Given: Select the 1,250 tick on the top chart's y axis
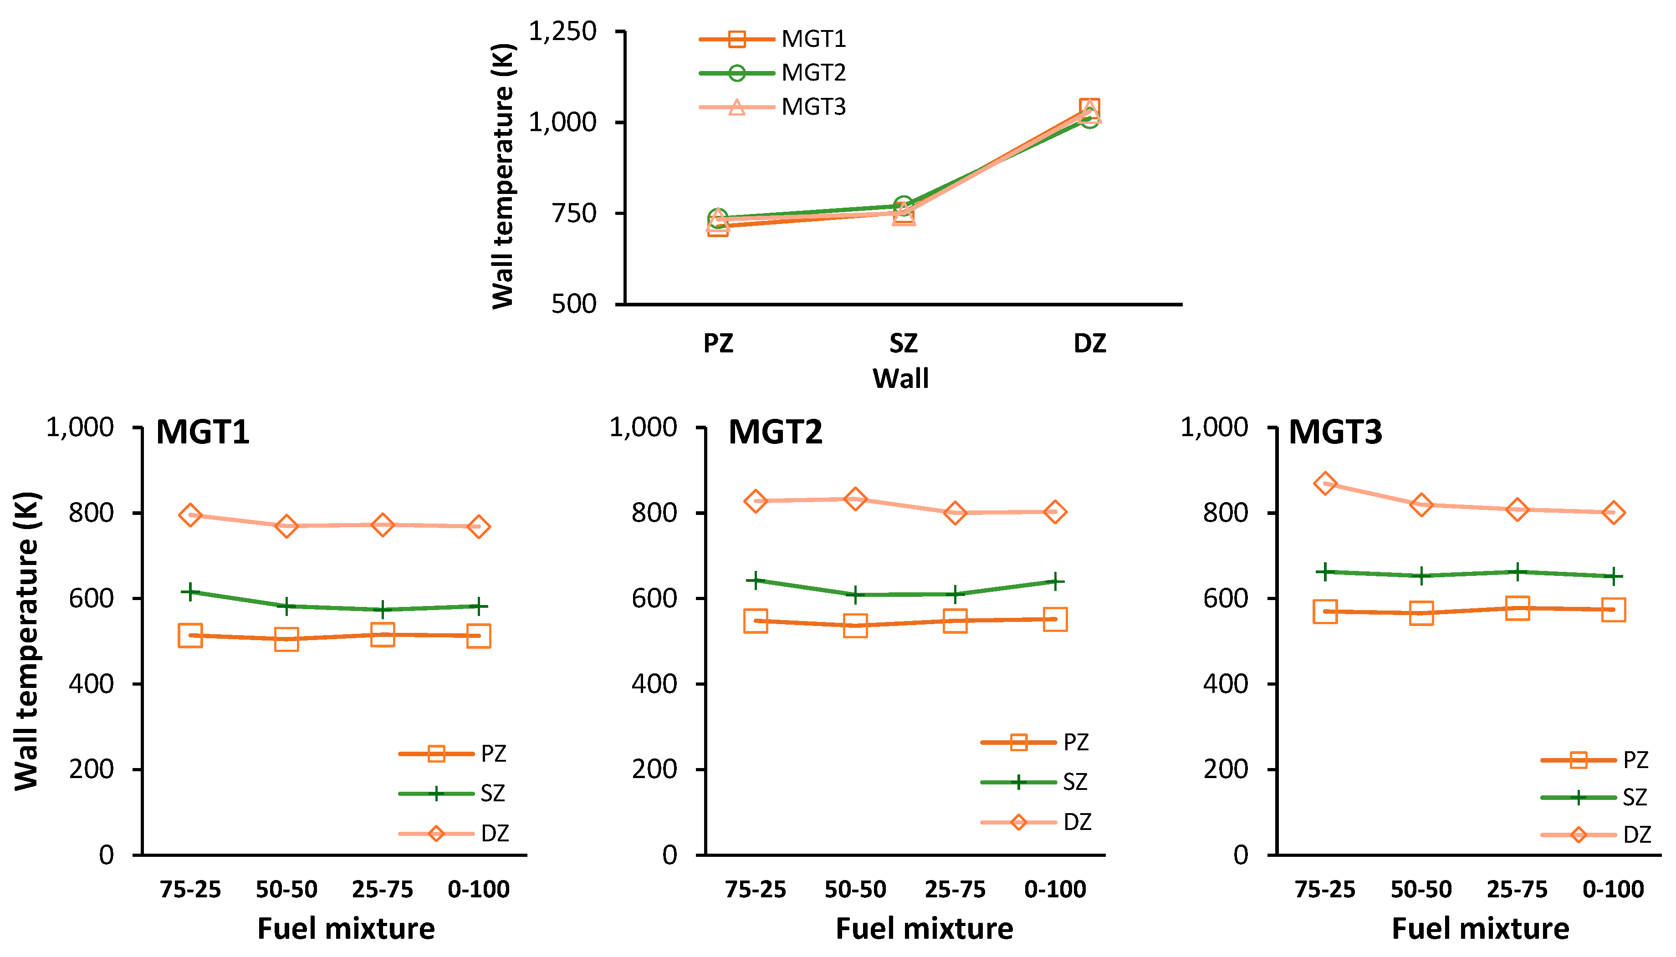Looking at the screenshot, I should click(563, 31).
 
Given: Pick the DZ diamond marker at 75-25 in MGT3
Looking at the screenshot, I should click(1324, 484).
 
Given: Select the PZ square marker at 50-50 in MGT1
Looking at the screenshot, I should click(286, 639).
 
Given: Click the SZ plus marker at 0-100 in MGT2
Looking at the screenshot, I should click(1055, 581).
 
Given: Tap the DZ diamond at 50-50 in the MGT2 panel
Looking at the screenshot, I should click(855, 499).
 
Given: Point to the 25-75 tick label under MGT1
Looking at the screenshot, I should click(382, 889).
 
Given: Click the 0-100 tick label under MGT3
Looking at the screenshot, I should click(1612, 889).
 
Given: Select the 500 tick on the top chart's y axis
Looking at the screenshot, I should click(573, 304).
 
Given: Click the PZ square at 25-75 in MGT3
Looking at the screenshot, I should click(1517, 608).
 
